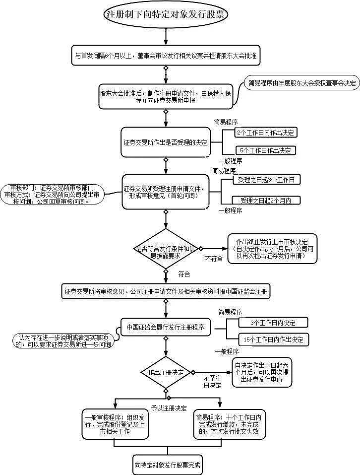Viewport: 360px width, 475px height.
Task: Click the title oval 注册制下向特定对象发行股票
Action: pyautogui.click(x=166, y=15)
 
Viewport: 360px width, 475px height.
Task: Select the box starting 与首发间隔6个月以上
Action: pyautogui.click(x=166, y=56)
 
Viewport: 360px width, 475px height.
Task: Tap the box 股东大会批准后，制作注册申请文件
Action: pyautogui.click(x=166, y=96)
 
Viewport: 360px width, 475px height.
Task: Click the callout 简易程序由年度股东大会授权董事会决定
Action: pyautogui.click(x=302, y=83)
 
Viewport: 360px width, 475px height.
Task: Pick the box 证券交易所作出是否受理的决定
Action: pyautogui.click(x=166, y=142)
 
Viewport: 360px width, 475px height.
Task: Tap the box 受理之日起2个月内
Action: pyautogui.click(x=265, y=201)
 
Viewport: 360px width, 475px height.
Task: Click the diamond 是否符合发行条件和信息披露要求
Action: pyautogui.click(x=166, y=249)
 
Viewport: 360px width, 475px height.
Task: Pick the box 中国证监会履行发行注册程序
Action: pyautogui.click(x=166, y=327)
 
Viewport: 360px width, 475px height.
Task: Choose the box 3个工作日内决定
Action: pyautogui.click(x=273, y=323)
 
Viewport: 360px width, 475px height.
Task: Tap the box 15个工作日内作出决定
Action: pyautogui.click(x=273, y=340)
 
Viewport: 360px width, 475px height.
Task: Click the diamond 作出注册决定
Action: pyautogui.click(x=166, y=372)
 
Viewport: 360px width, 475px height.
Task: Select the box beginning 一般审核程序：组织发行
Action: pyautogui.click(x=114, y=424)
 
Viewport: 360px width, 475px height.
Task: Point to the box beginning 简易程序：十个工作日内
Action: pyautogui.click(x=228, y=424)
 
